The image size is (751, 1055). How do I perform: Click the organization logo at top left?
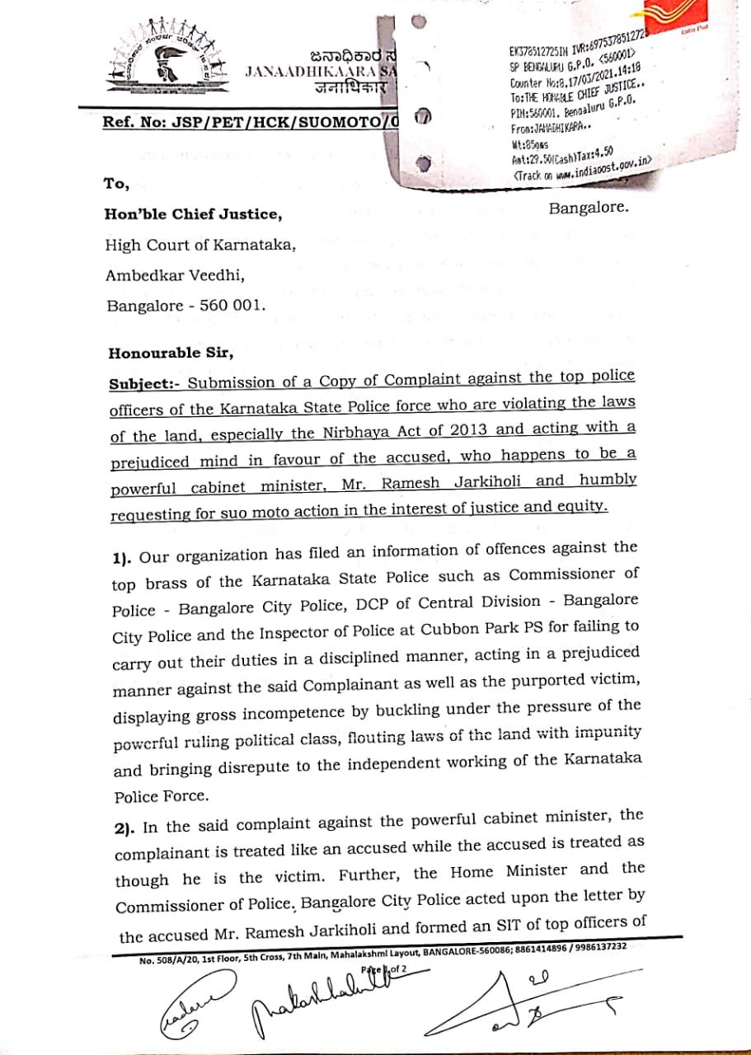169,63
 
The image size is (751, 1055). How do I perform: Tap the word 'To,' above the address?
116,182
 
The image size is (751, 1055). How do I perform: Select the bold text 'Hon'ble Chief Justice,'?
193,214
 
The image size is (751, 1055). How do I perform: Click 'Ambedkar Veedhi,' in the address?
175,275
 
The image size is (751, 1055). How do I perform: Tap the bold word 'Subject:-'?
144,382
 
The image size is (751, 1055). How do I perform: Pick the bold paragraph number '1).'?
124,559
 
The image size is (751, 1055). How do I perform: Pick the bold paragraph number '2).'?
127,827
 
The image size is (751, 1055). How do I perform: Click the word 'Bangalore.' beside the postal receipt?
588,208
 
